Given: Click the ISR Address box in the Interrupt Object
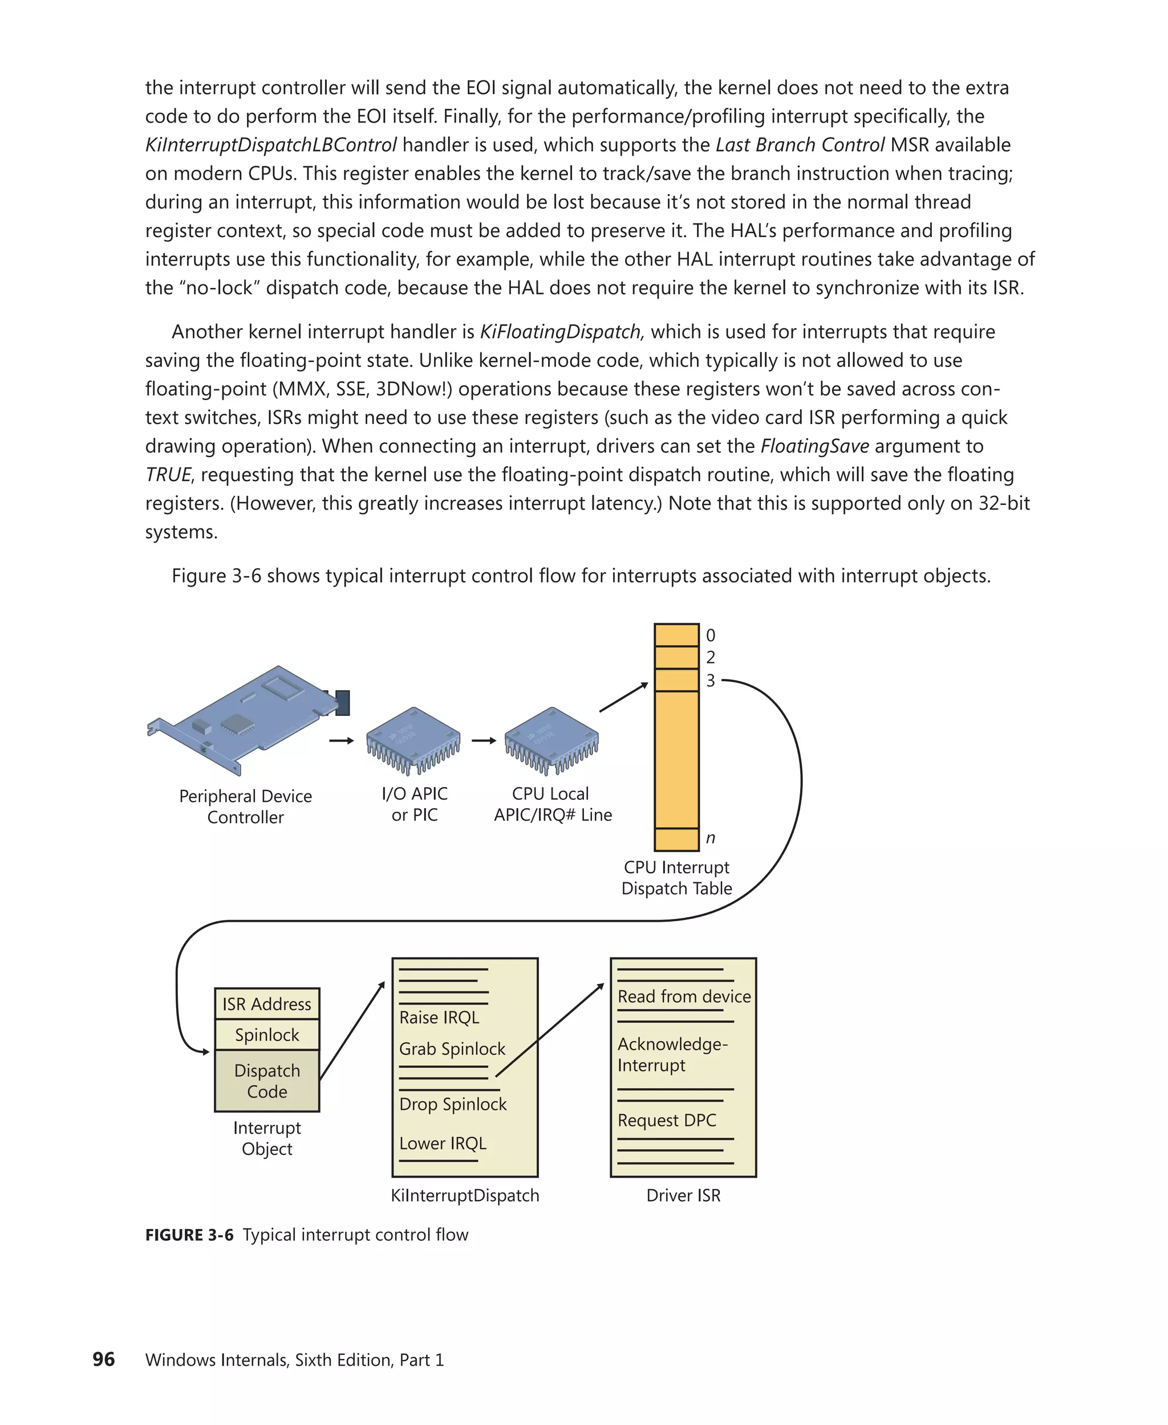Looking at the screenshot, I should pyautogui.click(x=266, y=1003).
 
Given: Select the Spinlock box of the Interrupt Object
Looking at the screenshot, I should pyautogui.click(x=266, y=1035).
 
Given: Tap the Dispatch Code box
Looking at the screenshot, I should pyautogui.click(x=266, y=1081).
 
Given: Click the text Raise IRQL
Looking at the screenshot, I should pyautogui.click(x=439, y=1017).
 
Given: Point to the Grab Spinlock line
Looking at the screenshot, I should pyautogui.click(x=452, y=1048).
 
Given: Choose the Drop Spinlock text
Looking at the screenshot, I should pyautogui.click(x=452, y=1104).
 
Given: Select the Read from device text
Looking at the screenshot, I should pyautogui.click(x=684, y=996).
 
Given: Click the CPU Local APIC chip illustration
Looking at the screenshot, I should pyautogui.click(x=551, y=740).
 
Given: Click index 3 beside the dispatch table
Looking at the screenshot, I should pyautogui.click(x=710, y=681).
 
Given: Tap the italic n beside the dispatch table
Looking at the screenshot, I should pyautogui.click(x=710, y=838).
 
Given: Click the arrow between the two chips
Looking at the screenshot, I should pyautogui.click(x=483, y=740).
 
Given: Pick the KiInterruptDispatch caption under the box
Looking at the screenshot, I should pyautogui.click(x=464, y=1195).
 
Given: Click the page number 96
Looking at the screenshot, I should pyautogui.click(x=104, y=1359).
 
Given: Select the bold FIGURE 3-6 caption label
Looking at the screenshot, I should pyautogui.click(x=189, y=1235).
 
